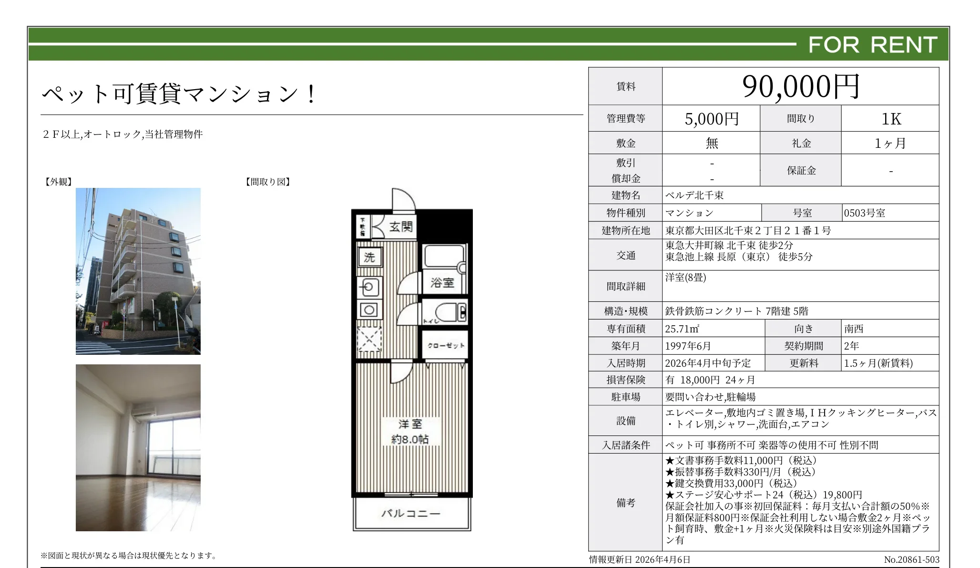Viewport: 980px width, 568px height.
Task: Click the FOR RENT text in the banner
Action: pyautogui.click(x=872, y=45)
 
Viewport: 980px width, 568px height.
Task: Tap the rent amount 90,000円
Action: pyautogui.click(x=800, y=87)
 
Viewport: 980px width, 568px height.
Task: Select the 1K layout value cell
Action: pyautogui.click(x=890, y=119)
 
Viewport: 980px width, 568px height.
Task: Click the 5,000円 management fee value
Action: pyautogui.click(x=711, y=119)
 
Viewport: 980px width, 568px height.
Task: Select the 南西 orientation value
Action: pyautogui.click(x=854, y=329)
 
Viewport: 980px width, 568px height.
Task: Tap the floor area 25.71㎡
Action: pyautogui.click(x=682, y=329)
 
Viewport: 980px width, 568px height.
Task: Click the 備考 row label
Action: pyautogui.click(x=625, y=503)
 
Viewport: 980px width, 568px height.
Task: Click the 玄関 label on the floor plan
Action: pyautogui.click(x=400, y=227)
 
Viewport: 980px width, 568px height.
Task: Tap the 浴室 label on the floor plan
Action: pyautogui.click(x=442, y=283)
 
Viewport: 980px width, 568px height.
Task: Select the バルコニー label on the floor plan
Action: pyautogui.click(x=410, y=514)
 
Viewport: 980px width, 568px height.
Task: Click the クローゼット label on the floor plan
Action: pyautogui.click(x=446, y=345)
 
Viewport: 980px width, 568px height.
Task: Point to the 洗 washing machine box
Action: pyautogui.click(x=369, y=258)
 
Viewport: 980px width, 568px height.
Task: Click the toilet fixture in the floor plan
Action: pyautogui.click(x=450, y=313)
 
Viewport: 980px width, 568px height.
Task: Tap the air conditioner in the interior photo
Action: pyautogui.click(x=143, y=413)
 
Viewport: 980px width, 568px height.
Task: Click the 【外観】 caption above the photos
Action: pyautogui.click(x=58, y=182)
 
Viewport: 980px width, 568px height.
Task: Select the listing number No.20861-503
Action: pyautogui.click(x=911, y=560)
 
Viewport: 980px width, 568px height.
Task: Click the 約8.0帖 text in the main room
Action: pyautogui.click(x=410, y=439)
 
